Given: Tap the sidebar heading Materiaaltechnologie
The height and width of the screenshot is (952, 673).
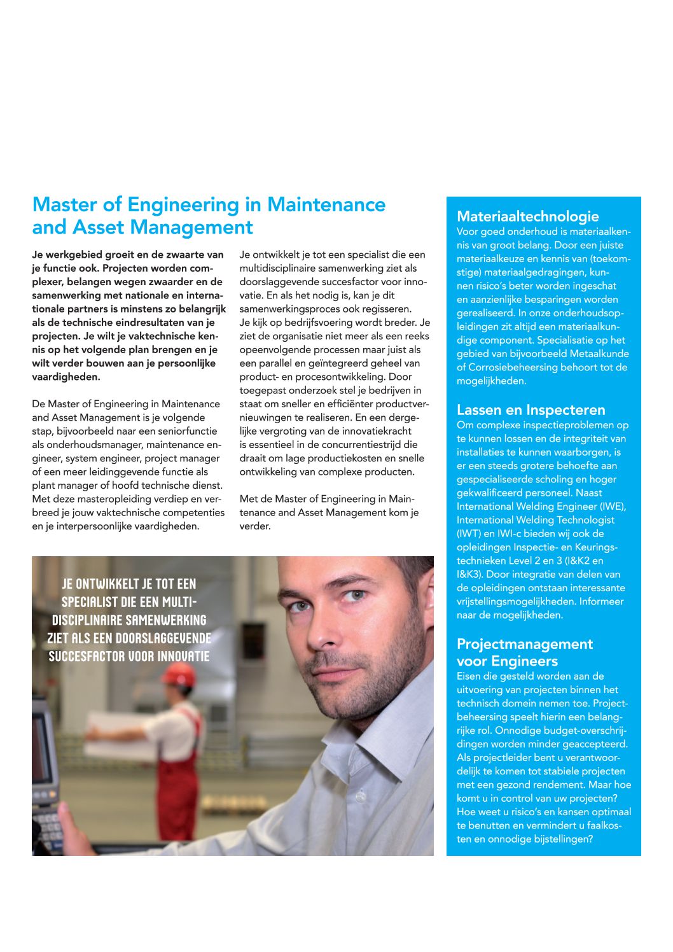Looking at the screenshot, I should [x=527, y=216].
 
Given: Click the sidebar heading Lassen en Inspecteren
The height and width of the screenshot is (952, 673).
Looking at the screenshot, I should [x=531, y=410].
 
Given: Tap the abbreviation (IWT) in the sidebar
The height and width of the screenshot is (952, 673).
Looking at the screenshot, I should [x=469, y=533].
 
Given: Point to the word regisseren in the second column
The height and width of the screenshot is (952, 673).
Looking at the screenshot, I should [x=388, y=309].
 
